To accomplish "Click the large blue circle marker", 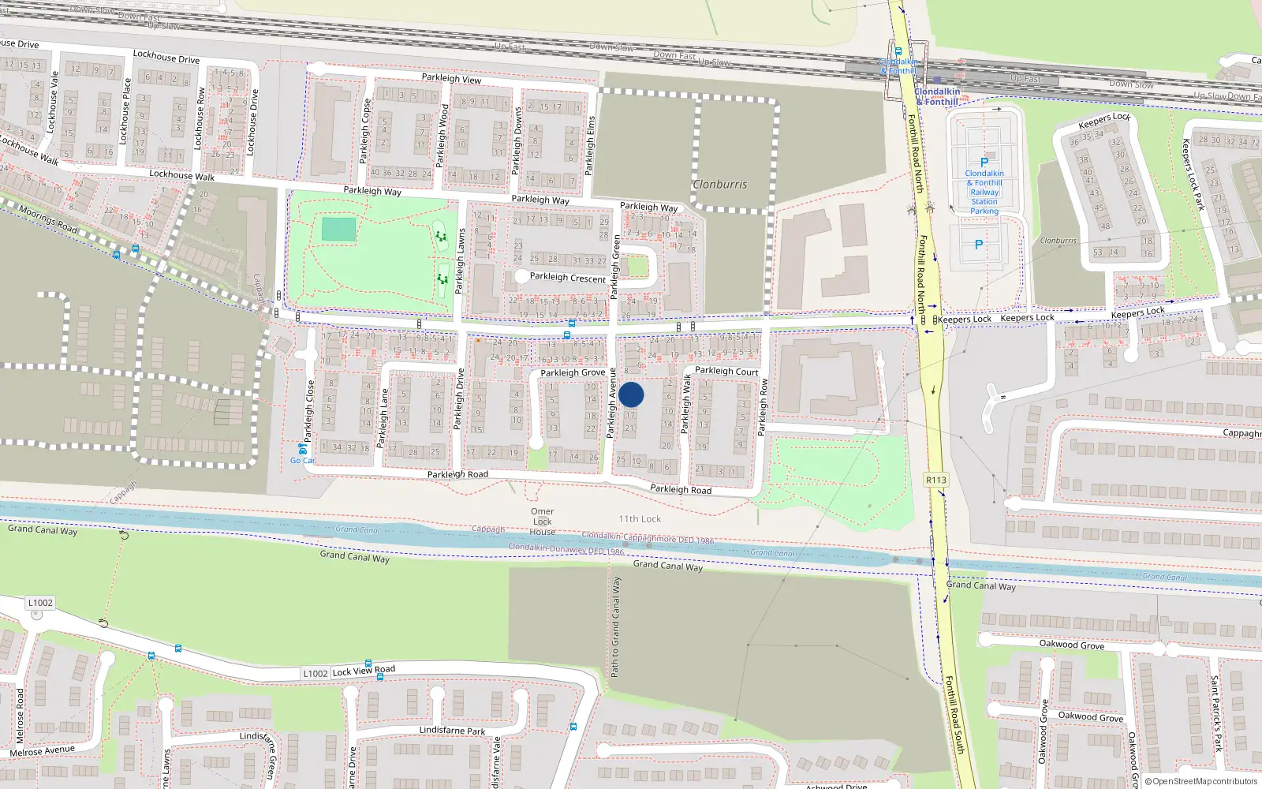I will [x=631, y=394].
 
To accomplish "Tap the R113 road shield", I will [x=935, y=480].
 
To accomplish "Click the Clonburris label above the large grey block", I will [x=719, y=185].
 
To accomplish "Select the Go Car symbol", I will [x=302, y=449].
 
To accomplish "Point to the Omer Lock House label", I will [x=542, y=522].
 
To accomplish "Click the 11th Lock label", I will [x=640, y=519].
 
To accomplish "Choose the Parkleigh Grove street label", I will [x=573, y=372].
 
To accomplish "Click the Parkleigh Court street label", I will [x=726, y=371].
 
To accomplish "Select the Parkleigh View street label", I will [x=451, y=78].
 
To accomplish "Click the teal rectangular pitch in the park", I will [x=338, y=230].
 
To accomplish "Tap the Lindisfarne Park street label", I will [x=452, y=731].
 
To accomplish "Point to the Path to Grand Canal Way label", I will [x=616, y=626].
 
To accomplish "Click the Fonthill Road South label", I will [x=954, y=714].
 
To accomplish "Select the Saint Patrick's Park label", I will [x=1215, y=712].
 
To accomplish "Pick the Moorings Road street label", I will [x=48, y=219].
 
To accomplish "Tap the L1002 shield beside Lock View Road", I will [x=315, y=673].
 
